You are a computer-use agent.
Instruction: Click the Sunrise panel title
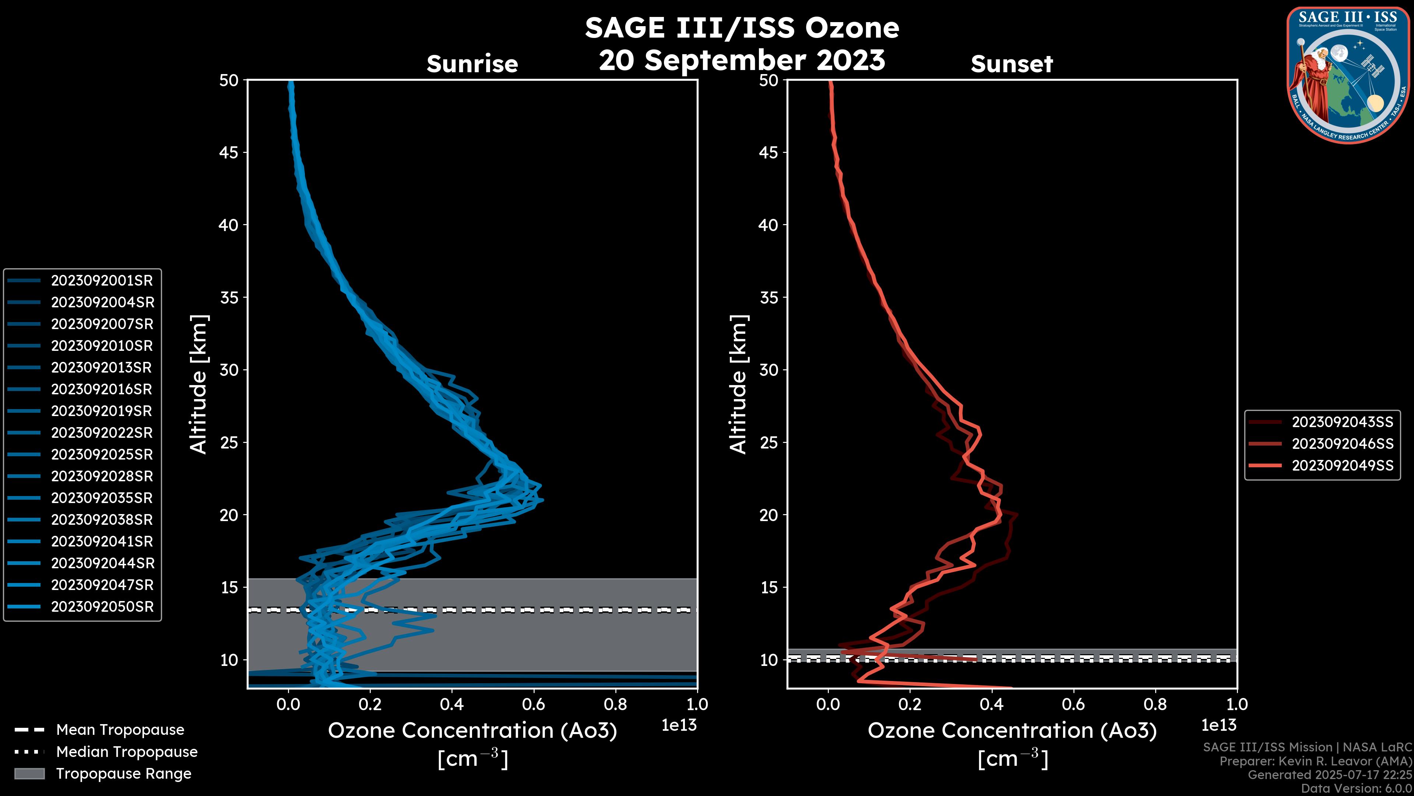472,64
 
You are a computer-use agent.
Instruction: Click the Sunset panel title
1012,64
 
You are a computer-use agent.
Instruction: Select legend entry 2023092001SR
102,281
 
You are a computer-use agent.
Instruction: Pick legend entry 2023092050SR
102,607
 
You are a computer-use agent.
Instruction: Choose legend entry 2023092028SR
102,476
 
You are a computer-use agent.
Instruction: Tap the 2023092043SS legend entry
1342,422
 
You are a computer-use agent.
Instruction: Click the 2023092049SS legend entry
1342,466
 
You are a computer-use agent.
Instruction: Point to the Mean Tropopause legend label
120,730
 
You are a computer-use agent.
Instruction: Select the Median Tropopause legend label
127,752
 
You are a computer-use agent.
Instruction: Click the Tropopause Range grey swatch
29,774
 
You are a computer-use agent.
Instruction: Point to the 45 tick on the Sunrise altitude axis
229,153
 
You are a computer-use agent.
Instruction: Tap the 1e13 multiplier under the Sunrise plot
679,725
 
